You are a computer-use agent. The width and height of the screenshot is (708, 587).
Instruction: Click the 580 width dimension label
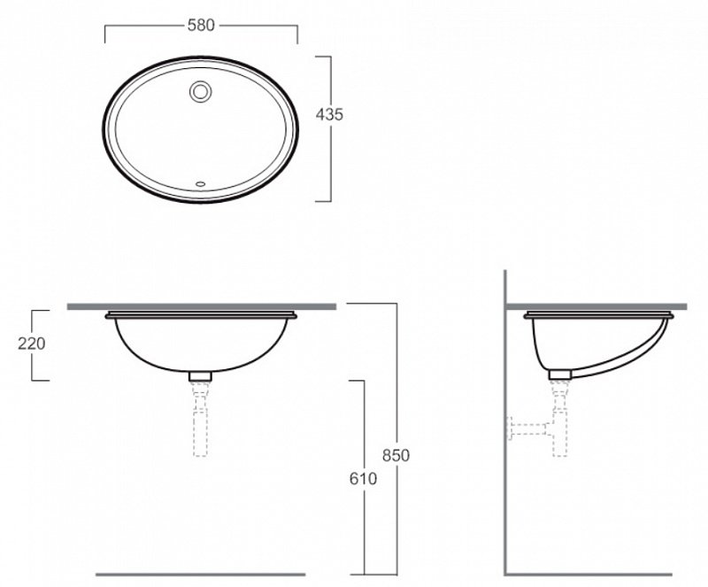point(201,26)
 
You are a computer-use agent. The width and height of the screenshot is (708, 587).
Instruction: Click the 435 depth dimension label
point(329,115)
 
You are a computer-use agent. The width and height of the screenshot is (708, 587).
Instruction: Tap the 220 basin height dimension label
point(32,344)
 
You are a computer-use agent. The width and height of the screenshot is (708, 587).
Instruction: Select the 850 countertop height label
point(396,455)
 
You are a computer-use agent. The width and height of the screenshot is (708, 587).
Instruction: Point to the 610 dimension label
point(363,479)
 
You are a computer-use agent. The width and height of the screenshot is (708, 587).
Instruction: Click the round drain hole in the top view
point(200,91)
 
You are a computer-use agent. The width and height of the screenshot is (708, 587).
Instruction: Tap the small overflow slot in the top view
point(200,184)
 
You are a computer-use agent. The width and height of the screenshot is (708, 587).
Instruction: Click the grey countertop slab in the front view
point(202,307)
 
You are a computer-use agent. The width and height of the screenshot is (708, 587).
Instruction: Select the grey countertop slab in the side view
point(596,307)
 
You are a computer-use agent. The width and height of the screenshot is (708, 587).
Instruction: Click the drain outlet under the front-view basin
point(201,376)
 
